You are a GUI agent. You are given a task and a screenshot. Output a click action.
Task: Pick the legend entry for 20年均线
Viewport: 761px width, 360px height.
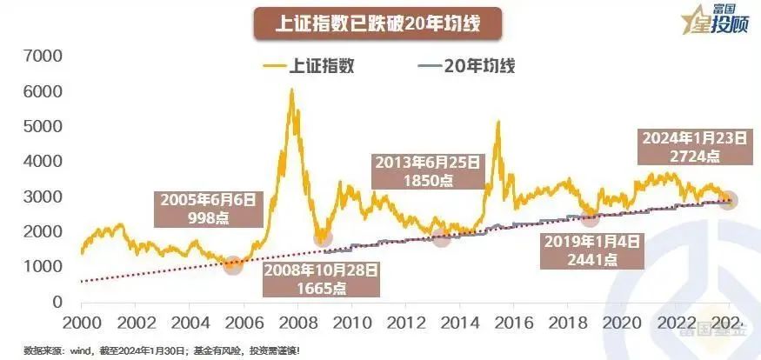[460, 65]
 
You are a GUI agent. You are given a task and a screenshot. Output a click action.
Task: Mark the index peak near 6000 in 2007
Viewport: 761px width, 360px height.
[291, 90]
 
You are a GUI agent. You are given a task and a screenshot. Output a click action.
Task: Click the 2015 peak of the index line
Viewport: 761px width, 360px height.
[498, 123]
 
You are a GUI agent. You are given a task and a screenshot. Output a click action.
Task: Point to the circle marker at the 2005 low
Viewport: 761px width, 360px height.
[233, 265]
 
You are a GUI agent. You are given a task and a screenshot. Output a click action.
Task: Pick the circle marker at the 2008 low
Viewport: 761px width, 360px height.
[322, 238]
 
